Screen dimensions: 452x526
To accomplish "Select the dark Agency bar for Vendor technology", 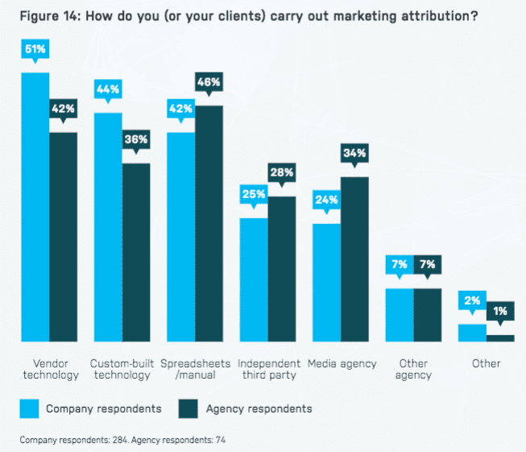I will coord(64,237).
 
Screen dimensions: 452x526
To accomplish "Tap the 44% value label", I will coord(108,89).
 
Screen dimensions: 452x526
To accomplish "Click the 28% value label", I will coord(282,172).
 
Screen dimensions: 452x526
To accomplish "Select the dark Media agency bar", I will coord(354,259).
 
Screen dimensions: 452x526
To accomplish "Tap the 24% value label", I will coord(326,200).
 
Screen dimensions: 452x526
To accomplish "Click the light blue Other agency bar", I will coord(400,314).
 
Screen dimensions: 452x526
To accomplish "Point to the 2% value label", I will coord(472,301).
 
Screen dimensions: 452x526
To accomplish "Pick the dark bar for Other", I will coord(499,338).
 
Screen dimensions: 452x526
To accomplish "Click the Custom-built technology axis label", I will coord(121,369).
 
